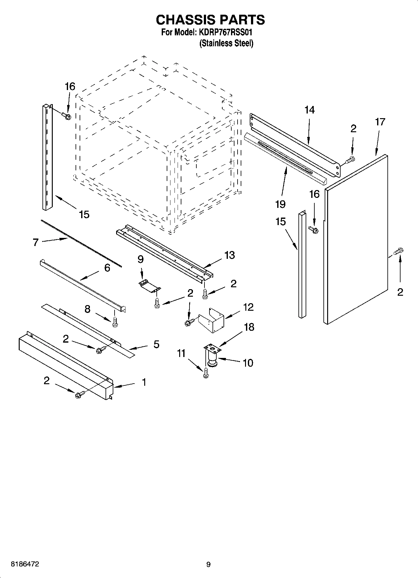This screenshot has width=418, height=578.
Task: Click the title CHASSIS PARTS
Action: click(x=210, y=20)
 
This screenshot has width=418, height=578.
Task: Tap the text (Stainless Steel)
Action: click(x=226, y=43)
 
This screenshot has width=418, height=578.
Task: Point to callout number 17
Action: click(x=380, y=122)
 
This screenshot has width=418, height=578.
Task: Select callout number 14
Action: click(x=309, y=110)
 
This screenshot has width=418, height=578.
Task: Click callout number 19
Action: click(x=280, y=204)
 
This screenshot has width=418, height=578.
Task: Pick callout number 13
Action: click(x=229, y=255)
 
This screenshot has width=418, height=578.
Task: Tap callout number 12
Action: click(x=248, y=307)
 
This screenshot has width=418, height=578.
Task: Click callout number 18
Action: click(x=249, y=327)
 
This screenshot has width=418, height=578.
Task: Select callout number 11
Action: click(x=181, y=353)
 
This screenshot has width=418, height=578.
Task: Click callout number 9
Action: click(x=140, y=259)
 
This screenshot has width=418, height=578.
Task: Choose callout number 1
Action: click(x=144, y=382)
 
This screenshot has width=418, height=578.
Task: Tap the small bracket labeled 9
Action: click(x=150, y=285)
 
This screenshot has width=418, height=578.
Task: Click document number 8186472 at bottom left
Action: click(x=25, y=564)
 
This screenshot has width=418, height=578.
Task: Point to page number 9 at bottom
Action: click(x=208, y=565)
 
